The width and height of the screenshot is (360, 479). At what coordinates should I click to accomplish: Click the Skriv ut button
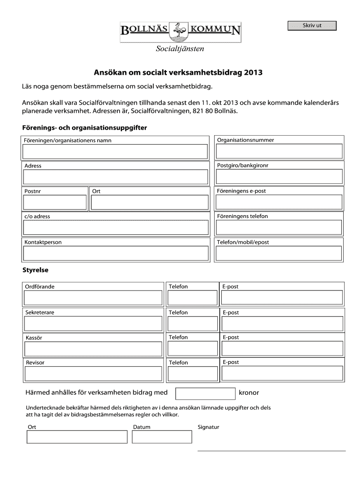click(312, 26)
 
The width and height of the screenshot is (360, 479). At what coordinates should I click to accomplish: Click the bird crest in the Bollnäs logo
click(180, 31)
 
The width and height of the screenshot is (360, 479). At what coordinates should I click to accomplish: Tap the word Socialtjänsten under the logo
click(180, 49)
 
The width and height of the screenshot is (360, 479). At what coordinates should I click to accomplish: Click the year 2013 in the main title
click(253, 73)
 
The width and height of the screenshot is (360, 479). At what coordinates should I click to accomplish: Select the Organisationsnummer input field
click(279, 152)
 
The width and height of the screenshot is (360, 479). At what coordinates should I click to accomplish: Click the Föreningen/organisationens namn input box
click(115, 152)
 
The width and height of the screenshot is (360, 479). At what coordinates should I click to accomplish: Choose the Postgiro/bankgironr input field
click(279, 177)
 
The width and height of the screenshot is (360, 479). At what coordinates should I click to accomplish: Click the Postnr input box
click(55, 202)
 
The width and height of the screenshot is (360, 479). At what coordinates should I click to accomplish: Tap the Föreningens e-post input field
click(279, 202)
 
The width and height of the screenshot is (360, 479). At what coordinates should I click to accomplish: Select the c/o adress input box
click(115, 227)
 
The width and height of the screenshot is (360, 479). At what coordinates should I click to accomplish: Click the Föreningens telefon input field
click(279, 227)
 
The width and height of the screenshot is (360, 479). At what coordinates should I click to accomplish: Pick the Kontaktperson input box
click(115, 253)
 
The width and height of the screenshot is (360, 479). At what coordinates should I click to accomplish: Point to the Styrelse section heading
click(36, 270)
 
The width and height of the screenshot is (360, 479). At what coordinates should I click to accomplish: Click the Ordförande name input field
click(94, 298)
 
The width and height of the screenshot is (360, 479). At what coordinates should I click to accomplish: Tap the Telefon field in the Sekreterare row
click(192, 323)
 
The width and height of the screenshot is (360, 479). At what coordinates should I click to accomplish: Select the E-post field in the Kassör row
click(282, 348)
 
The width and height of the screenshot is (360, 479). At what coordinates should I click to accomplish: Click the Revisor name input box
click(94, 374)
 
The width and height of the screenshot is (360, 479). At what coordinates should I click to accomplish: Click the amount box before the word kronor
click(205, 393)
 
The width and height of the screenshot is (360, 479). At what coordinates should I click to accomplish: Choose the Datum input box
click(162, 436)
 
